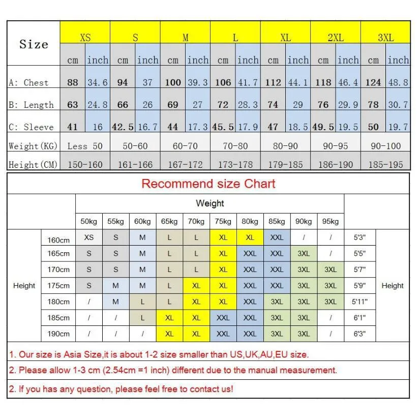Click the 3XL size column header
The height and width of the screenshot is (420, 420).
point(385,38)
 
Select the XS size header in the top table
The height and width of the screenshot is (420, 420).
point(85,38)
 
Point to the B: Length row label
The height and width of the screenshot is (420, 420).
point(31,105)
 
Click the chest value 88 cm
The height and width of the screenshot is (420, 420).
point(73,82)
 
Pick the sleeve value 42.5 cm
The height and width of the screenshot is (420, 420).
point(123,127)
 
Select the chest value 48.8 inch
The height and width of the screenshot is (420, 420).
point(398,82)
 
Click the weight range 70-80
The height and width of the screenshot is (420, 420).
point(235,146)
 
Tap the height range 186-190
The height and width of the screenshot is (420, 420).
point(335,165)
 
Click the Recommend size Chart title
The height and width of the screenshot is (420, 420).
point(208,184)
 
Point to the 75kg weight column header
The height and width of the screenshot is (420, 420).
point(223,221)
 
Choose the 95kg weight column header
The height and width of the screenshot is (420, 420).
point(331,221)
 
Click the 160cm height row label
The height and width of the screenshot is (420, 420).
point(58,240)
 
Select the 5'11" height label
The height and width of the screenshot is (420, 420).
point(359,302)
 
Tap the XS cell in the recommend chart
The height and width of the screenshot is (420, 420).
point(89,237)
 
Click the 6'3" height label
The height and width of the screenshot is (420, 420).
point(359,334)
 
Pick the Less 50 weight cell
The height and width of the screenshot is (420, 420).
point(85,146)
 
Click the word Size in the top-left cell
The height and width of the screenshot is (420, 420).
point(34,44)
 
